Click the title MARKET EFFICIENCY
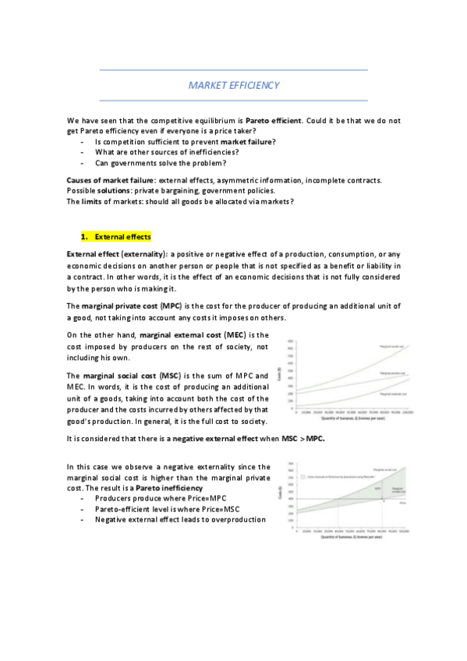coord(234,85)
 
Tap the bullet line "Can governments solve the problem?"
coord(161,163)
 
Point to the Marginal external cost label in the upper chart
coord(390,402)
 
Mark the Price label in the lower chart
coord(402,504)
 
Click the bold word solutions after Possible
coord(133,191)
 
